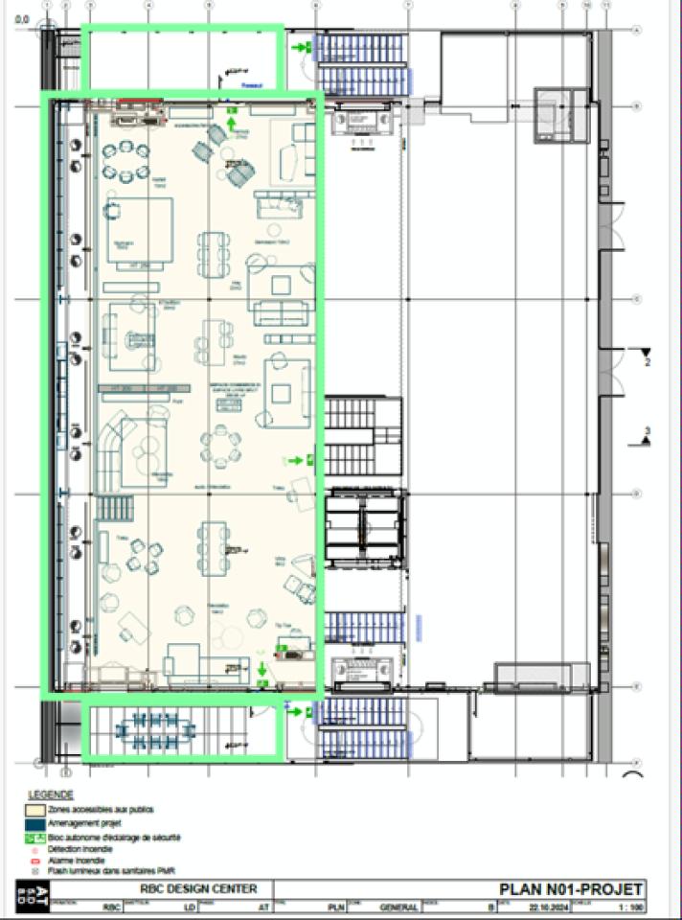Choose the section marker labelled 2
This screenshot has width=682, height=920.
click(x=648, y=356)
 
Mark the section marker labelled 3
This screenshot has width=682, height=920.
click(x=648, y=436)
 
